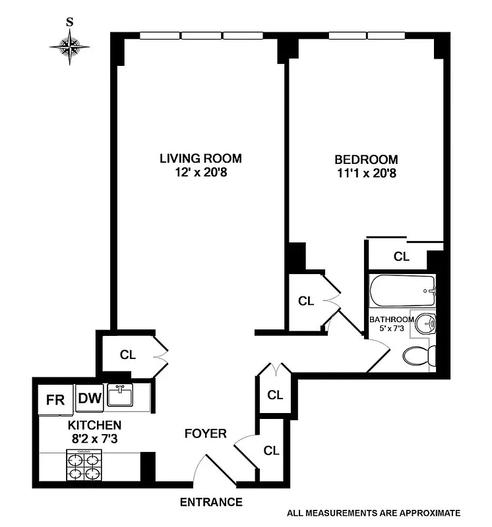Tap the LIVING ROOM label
[x=200, y=159]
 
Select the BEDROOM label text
[x=366, y=159]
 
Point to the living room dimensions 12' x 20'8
[x=200, y=173]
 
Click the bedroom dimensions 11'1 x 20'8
[x=366, y=174]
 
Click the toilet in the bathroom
[x=417, y=356]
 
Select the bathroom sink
[x=425, y=323]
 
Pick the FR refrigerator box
[x=55, y=400]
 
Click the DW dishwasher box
[x=88, y=398]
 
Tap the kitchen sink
[x=121, y=397]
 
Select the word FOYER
[x=205, y=433]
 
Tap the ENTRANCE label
[x=211, y=502]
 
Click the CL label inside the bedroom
[x=401, y=257]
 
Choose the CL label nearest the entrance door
[x=271, y=451]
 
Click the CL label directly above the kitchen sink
[x=127, y=354]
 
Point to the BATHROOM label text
[x=392, y=319]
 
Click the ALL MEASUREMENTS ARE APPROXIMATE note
[x=373, y=513]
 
